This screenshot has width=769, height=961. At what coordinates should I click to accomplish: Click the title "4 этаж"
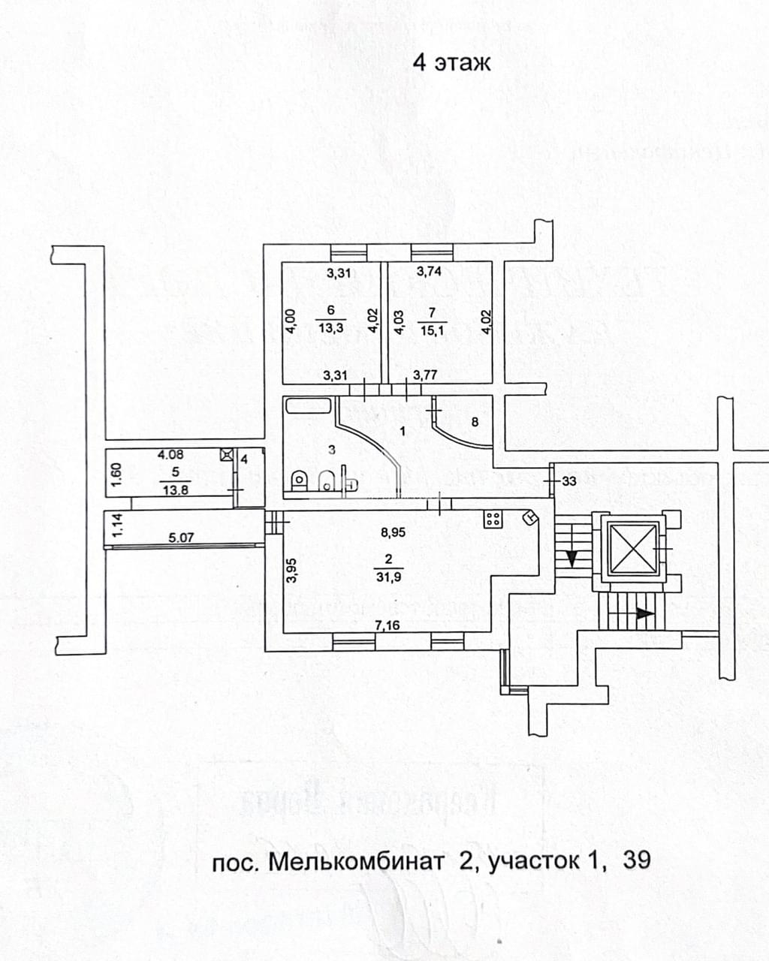coord(451,62)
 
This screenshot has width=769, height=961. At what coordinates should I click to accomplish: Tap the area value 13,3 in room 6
coord(331,328)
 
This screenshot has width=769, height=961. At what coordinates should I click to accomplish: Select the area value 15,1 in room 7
coord(431,328)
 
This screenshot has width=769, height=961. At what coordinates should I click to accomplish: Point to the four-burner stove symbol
coord(493,517)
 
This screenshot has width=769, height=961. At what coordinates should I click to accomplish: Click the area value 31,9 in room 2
coord(388,577)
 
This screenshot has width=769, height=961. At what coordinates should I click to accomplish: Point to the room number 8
coord(474,422)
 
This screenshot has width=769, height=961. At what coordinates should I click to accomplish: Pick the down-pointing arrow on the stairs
coord(571,559)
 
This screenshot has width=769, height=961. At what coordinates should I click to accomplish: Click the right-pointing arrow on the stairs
coord(644,613)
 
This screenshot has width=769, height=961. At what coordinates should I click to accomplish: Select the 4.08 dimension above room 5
coord(170,454)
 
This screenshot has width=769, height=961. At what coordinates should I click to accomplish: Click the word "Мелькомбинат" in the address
coord(356,860)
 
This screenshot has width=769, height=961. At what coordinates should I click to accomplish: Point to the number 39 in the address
coord(637,860)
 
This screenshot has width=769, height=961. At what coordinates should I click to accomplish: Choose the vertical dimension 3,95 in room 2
coord(293,569)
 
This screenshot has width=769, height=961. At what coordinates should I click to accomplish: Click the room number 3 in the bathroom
coord(331,449)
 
